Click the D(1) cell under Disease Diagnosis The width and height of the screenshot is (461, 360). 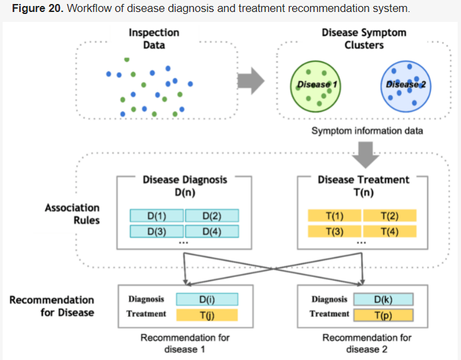pos(156,216)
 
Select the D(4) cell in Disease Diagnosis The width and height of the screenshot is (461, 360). pos(212,231)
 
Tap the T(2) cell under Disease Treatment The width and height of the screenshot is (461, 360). pos(390,216)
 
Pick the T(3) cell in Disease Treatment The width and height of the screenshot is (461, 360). pos(335,231)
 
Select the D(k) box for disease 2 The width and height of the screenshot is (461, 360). pos(383,299)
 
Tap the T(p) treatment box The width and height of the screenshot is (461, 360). pos(383,315)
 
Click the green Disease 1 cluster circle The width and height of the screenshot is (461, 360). pos(313,85)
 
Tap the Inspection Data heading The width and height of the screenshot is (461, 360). pos(154,39)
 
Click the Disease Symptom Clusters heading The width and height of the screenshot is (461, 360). pos(363,39)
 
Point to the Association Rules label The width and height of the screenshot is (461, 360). pos(72,214)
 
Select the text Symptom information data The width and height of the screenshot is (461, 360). pos(367,130)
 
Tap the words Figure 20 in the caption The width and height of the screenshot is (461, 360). pos(33,9)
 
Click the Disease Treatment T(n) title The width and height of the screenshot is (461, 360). pos(363,186)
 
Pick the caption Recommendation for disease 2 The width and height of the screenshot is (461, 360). pos(367,343)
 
